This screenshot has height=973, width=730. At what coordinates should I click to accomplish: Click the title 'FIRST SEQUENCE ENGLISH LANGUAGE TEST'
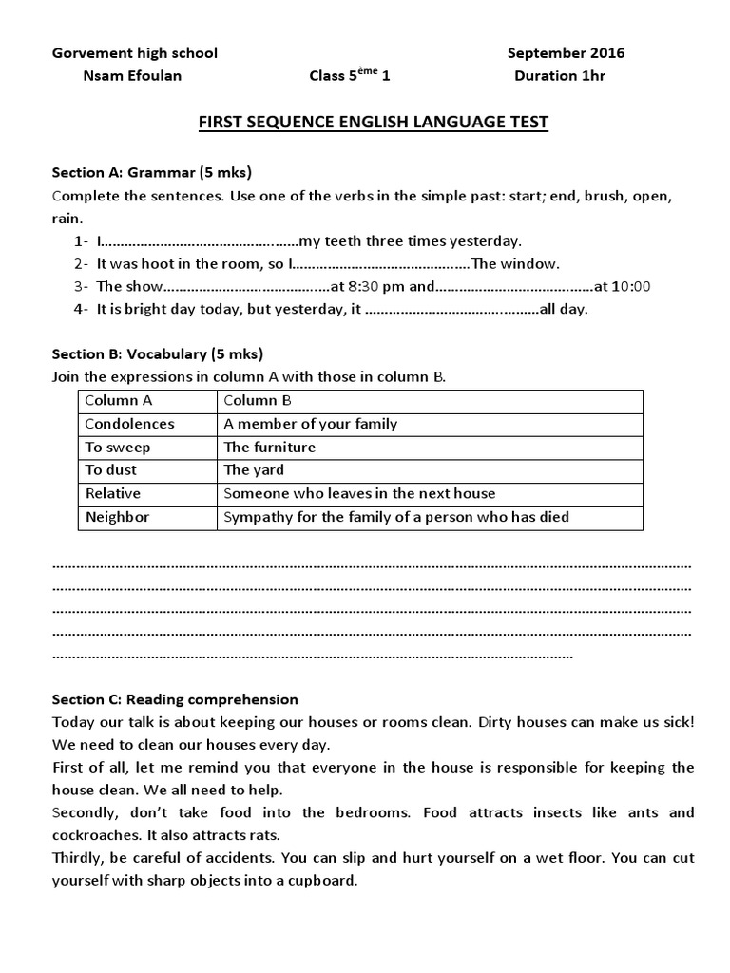click(372, 123)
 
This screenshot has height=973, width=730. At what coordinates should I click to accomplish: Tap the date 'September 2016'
click(566, 53)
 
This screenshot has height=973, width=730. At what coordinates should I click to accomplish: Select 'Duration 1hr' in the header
click(559, 76)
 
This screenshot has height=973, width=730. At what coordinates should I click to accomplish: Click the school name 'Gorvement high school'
click(134, 53)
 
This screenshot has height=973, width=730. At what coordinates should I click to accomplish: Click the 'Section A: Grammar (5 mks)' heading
click(151, 172)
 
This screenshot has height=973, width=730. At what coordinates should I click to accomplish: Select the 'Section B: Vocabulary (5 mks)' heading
click(157, 353)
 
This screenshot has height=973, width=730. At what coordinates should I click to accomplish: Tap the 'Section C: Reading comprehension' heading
click(175, 698)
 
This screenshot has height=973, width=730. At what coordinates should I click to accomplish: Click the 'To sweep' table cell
click(118, 447)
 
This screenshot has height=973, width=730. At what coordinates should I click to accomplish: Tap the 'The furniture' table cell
click(269, 447)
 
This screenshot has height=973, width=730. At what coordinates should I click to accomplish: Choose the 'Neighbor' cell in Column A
click(117, 517)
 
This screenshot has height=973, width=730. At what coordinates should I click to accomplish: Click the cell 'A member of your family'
click(310, 424)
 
